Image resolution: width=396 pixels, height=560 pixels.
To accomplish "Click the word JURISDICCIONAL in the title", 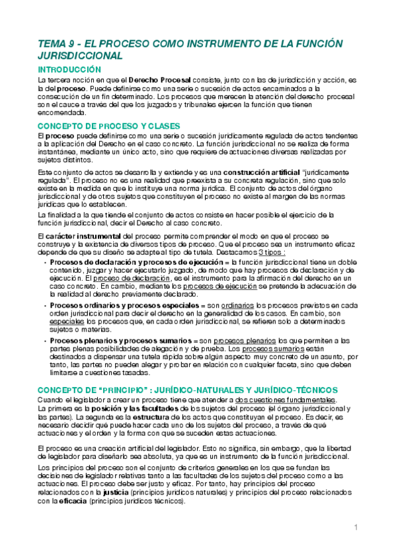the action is (80, 56).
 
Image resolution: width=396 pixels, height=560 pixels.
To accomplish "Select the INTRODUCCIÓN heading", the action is (69, 69).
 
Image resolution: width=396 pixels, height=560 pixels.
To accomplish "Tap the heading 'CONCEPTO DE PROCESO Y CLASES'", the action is (108, 125).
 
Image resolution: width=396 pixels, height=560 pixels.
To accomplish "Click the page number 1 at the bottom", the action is (356, 527).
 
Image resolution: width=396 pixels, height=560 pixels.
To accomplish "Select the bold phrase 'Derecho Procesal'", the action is (157, 79).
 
